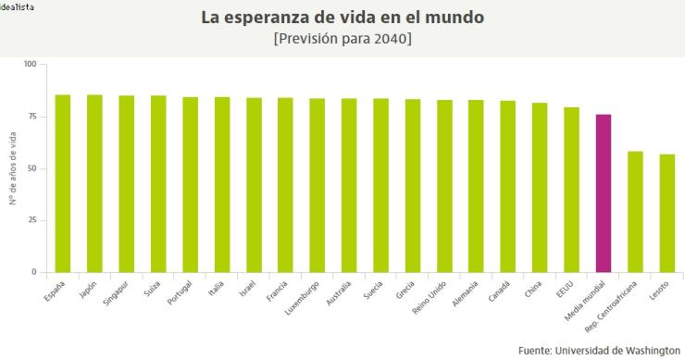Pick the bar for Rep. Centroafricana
click(x=635, y=211)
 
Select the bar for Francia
click(x=285, y=185)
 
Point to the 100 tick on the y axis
click(x=30, y=65)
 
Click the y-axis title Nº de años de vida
click(x=12, y=168)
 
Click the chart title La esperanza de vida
click(x=342, y=18)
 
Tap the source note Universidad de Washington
click(x=598, y=350)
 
